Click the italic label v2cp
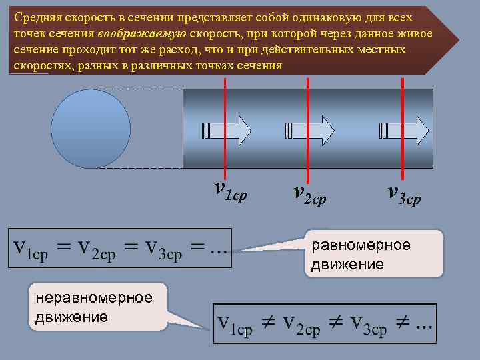coord(310,193)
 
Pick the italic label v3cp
coord(404,193)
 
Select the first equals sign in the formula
coord(63,249)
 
